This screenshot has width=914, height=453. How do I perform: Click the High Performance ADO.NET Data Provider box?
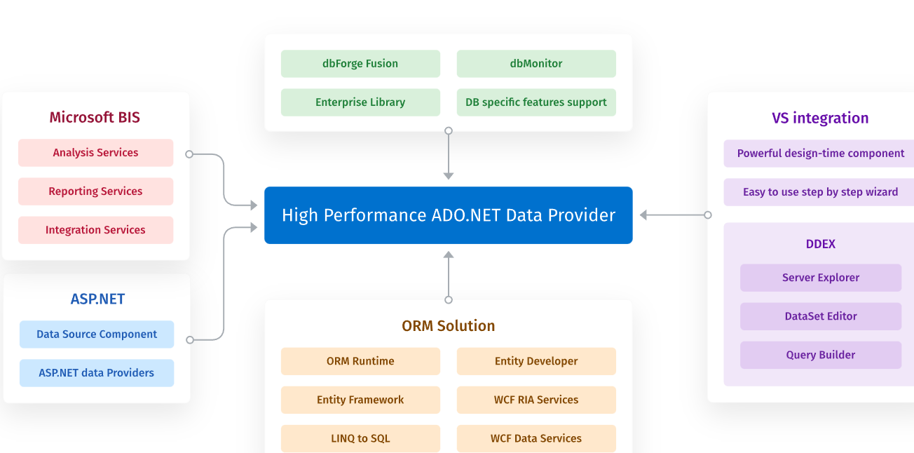coord(448,215)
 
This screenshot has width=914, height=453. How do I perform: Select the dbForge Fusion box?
coord(360,64)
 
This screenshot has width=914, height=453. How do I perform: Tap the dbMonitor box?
coord(536,64)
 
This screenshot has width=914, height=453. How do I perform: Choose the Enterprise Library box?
coord(360,102)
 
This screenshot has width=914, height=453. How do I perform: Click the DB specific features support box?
coord(536,102)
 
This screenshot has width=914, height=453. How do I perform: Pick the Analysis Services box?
coord(95,153)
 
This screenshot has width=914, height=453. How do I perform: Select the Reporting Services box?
coord(95,191)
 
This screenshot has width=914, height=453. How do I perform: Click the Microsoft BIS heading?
coord(95,117)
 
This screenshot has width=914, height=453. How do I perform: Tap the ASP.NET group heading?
coord(97,299)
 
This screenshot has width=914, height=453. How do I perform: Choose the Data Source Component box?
coord(97,334)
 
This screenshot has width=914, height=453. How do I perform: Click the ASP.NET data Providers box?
coord(97,373)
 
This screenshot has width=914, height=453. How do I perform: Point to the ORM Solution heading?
coord(449,325)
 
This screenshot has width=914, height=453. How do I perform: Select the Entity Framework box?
coord(360,400)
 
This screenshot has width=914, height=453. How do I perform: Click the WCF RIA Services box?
coord(536,400)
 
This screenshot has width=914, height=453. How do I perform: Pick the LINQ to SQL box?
coord(360,438)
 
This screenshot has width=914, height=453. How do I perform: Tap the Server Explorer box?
coord(821,278)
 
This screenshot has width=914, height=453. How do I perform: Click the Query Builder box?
coord(821,355)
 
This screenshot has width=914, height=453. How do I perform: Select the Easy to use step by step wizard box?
coord(820,192)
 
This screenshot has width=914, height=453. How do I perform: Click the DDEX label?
coord(821,244)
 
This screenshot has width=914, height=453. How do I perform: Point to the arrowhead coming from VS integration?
coord(644,215)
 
